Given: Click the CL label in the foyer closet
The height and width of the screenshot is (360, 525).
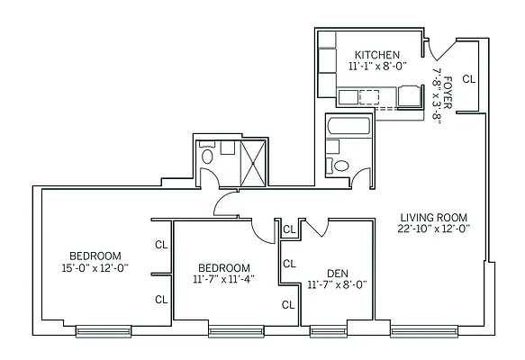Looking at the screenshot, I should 468,79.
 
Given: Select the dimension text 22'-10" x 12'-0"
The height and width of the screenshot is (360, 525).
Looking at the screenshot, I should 436,229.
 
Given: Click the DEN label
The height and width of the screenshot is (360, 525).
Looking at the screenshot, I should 337,273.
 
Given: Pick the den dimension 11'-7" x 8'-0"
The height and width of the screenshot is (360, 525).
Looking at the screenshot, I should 337,284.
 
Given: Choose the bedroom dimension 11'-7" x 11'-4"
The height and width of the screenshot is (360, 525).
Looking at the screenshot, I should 223,280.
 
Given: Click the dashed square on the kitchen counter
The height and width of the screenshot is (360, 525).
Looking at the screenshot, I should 369,97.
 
